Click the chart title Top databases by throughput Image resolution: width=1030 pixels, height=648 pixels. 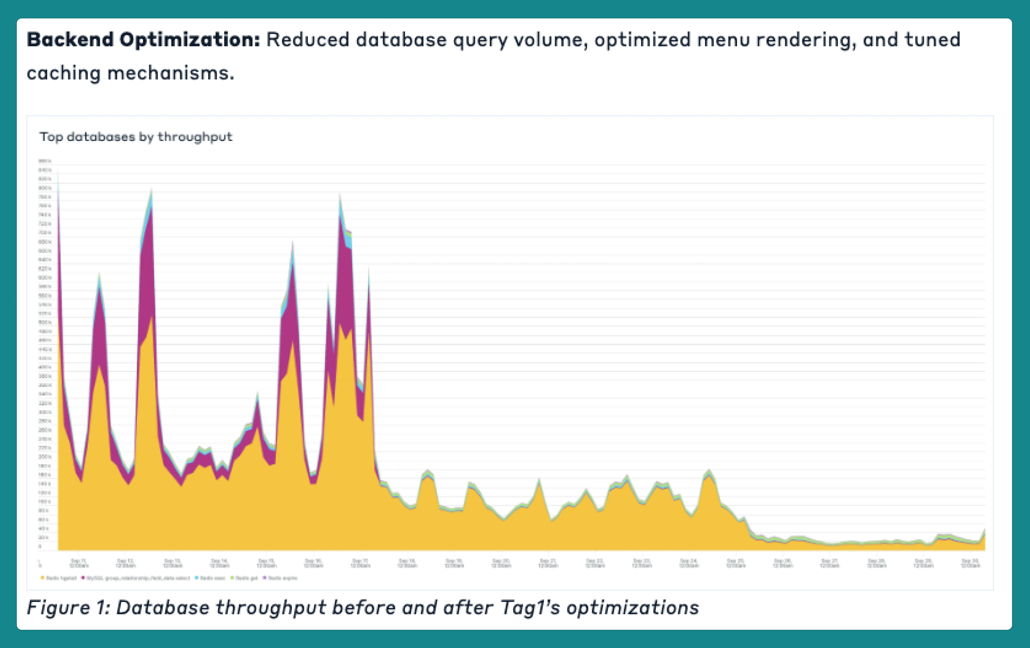[136, 137]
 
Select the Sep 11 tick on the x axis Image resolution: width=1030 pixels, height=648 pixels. [79, 563]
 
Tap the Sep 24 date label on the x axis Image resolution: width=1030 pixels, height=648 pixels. [689, 563]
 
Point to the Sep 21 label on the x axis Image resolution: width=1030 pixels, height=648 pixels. [548, 563]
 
